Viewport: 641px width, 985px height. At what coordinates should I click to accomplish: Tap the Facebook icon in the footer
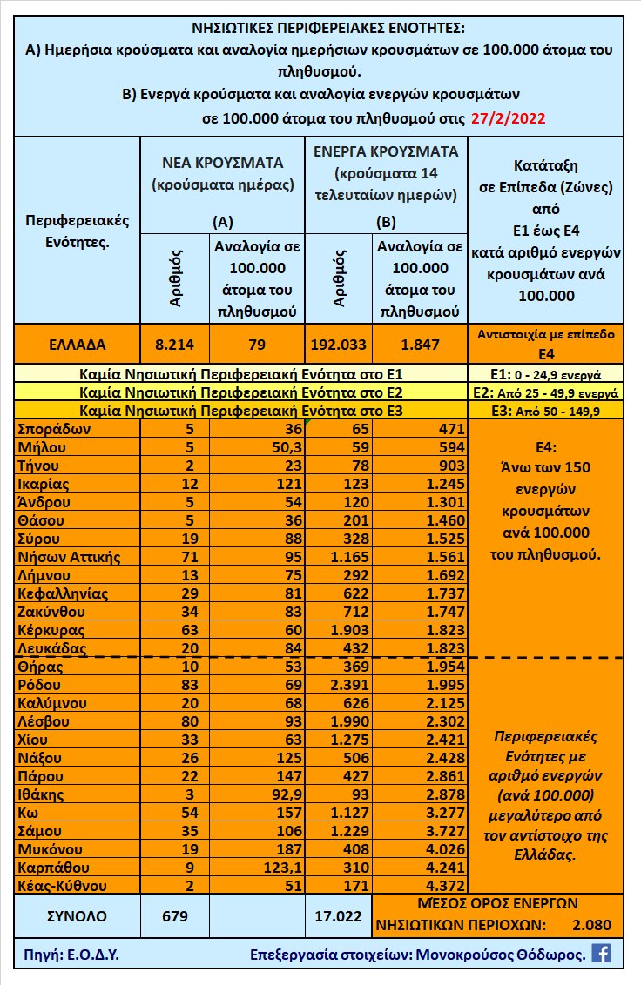pyautogui.click(x=601, y=953)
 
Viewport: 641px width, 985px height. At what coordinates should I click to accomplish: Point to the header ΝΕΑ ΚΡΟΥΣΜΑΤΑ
pyautogui.click(x=223, y=163)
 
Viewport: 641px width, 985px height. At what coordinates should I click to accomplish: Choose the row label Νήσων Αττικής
pyautogui.click(x=68, y=557)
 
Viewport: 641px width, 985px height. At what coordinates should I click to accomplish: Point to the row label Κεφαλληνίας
pyautogui.click(x=62, y=593)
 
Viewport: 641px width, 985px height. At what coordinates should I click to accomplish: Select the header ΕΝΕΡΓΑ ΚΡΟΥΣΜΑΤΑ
pyautogui.click(x=386, y=151)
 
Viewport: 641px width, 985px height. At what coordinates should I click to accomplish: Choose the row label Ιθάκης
pyautogui.click(x=42, y=794)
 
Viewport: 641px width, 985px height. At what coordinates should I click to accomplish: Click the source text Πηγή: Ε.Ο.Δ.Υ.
pyautogui.click(x=68, y=955)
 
